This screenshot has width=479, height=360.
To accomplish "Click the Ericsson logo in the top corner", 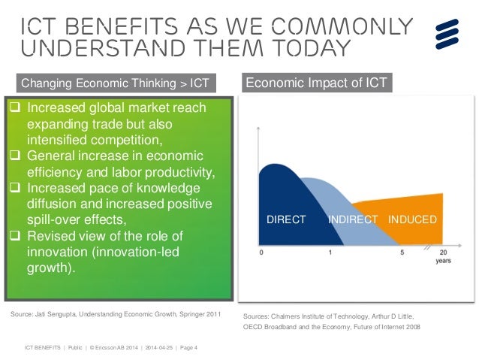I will point(448,34).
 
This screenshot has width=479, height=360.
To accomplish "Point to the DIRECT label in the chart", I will point(287,220).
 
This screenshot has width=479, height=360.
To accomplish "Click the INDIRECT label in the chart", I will point(352,220).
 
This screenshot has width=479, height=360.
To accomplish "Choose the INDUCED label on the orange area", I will point(412,220).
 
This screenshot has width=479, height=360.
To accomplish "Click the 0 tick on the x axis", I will point(261,253).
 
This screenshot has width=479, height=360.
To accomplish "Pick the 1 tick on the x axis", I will point(331,253).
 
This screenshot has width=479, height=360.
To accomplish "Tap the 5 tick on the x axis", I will point(402,253).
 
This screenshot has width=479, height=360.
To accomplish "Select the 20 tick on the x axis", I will point(444,253).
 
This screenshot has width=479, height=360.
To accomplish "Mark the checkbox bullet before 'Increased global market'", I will point(14,108).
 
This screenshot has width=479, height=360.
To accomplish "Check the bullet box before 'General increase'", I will point(14,156).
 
